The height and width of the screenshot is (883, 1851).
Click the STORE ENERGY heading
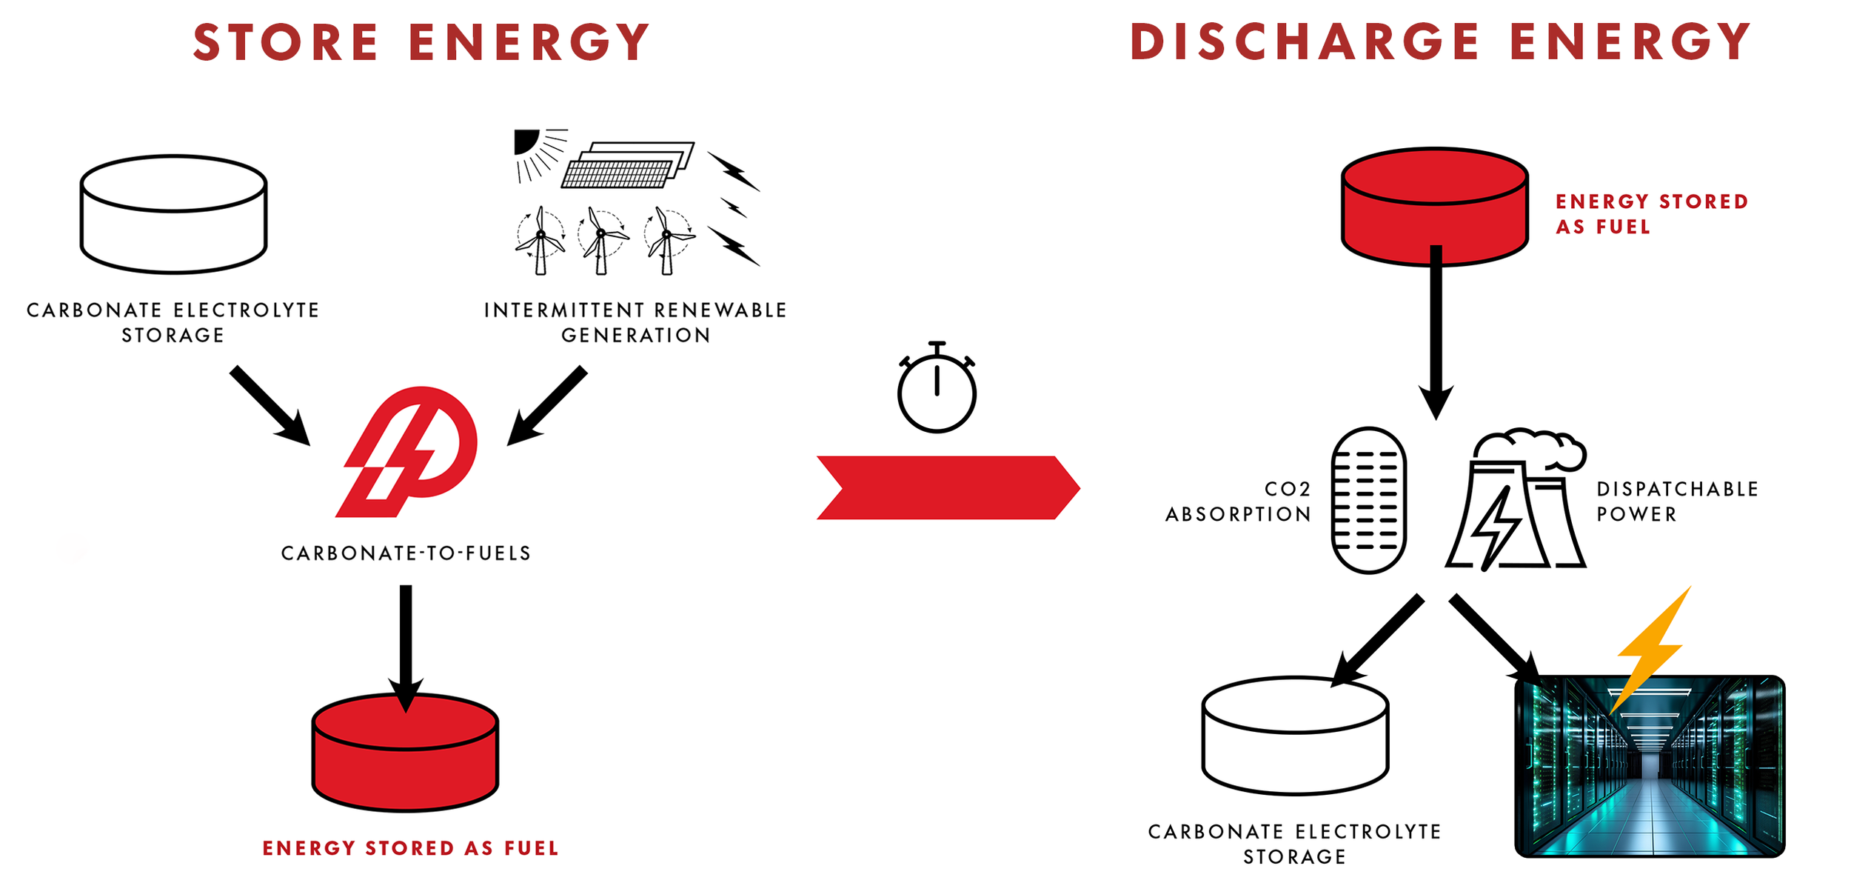coord(421,43)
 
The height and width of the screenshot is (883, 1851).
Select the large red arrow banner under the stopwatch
coord(948,487)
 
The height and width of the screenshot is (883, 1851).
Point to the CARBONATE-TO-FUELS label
coord(406,553)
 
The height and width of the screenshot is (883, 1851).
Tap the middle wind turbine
coord(602,239)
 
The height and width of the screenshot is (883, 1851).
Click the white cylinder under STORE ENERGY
coord(173,215)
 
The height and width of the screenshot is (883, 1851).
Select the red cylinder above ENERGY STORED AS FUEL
coord(405,752)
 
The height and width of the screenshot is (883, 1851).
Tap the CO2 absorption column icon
coord(1368,500)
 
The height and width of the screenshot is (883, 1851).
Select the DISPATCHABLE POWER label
coord(1676,502)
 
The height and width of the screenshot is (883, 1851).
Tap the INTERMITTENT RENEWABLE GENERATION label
coord(635,322)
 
